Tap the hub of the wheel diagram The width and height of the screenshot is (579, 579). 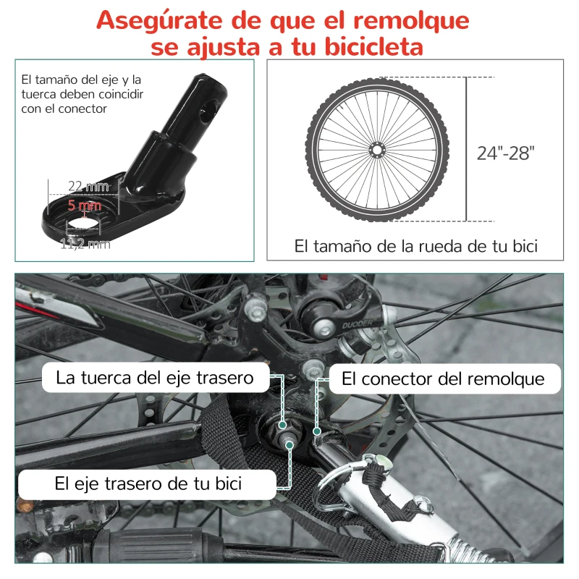click(x=377, y=149)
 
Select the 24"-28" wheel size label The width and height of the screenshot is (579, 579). click(x=505, y=153)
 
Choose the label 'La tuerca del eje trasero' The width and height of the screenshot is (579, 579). click(x=155, y=378)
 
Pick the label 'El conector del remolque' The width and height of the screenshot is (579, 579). click(x=442, y=379)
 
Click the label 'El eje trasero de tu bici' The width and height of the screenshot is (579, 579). click(x=148, y=483)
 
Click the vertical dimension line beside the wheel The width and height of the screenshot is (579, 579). click(x=466, y=149)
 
